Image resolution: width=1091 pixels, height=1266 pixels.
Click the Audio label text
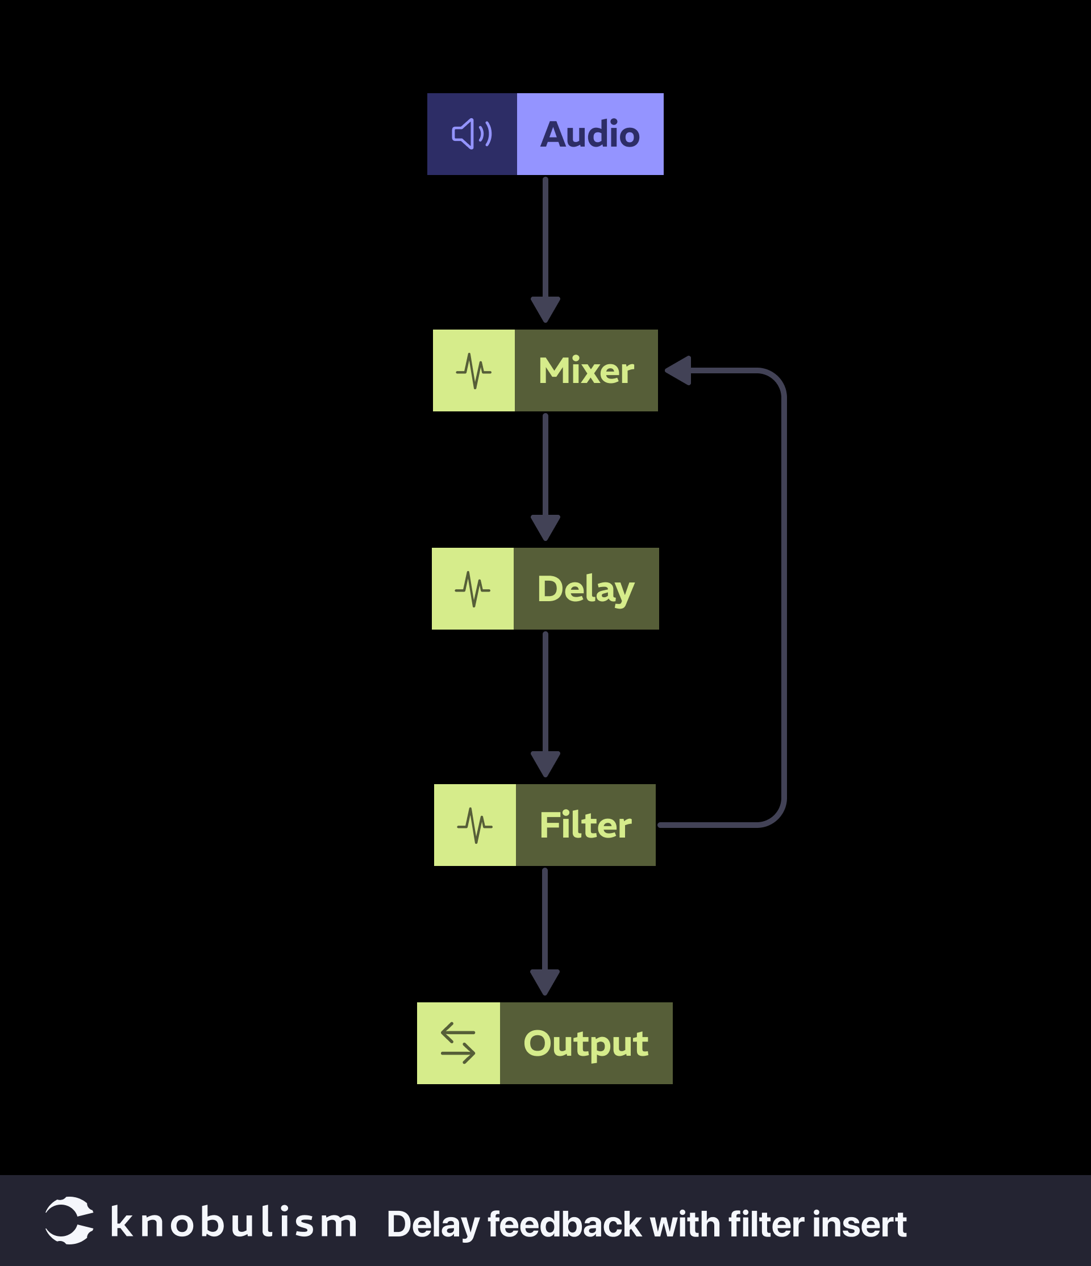coord(589,135)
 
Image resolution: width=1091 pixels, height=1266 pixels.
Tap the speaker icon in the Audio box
coord(472,135)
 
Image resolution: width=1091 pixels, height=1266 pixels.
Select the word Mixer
coord(586,371)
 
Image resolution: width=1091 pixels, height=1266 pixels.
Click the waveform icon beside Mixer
coord(473,371)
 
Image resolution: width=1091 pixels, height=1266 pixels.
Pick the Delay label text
coord(586,589)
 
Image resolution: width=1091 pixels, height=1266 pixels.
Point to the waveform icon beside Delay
coord(472,589)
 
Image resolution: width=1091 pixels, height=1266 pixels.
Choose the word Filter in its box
coord(585,826)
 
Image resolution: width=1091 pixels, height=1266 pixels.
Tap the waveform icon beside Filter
coord(474,826)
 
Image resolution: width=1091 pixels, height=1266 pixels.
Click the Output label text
coord(586,1044)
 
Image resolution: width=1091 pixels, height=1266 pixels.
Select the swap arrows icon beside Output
coord(458,1044)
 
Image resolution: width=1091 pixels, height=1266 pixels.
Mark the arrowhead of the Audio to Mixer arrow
coord(545,309)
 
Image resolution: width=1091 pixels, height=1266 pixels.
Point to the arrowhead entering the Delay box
coord(545,527)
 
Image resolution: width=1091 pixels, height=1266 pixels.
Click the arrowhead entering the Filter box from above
coord(545,764)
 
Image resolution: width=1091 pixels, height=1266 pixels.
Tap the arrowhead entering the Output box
coord(545,982)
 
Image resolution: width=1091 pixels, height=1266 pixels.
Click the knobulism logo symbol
coord(69,1220)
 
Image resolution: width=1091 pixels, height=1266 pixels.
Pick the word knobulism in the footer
coord(234,1223)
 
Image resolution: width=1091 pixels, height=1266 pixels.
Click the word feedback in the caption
coord(564,1225)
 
